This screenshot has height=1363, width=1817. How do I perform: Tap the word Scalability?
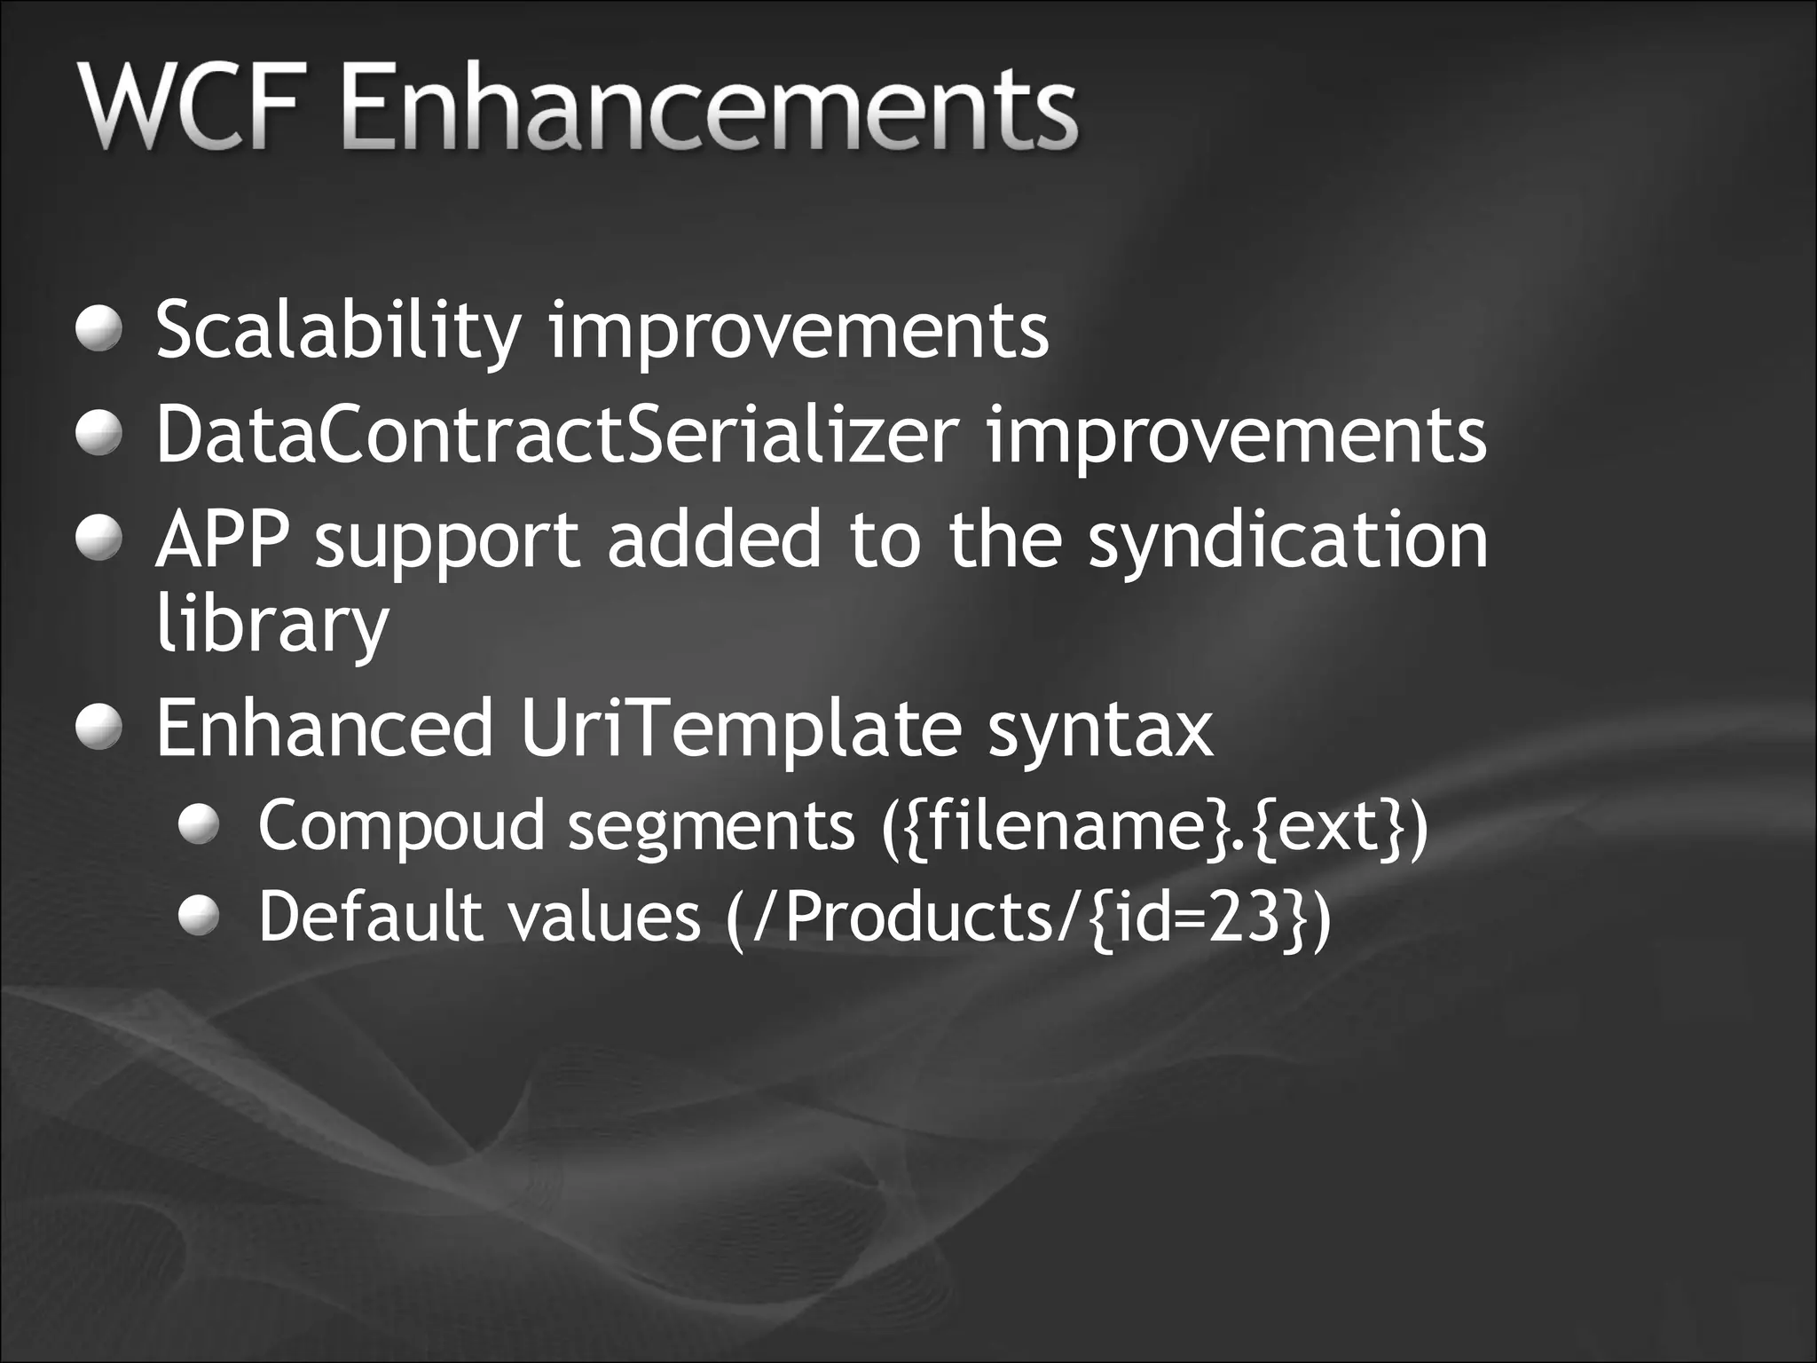click(x=337, y=331)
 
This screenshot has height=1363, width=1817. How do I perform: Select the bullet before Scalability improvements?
click(x=98, y=329)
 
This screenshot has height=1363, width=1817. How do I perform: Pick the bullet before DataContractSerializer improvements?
click(x=98, y=434)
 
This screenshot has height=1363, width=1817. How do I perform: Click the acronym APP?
click(x=222, y=540)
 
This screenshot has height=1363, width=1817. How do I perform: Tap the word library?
click(x=271, y=624)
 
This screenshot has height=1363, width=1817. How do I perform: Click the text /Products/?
click(x=917, y=918)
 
